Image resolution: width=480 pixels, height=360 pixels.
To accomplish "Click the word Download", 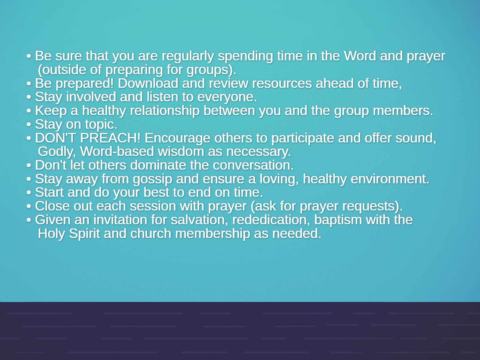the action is (x=148, y=83).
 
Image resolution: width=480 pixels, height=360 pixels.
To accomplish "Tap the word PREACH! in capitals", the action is (x=110, y=138).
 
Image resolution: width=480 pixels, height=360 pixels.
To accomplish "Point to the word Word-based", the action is (x=117, y=151).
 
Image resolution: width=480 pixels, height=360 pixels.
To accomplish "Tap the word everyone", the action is (x=227, y=97).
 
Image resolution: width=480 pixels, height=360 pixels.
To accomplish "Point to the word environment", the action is (x=390, y=179).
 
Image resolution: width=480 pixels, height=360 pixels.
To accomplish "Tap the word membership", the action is (x=213, y=234).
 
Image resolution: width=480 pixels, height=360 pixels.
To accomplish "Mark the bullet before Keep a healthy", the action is (x=29, y=111).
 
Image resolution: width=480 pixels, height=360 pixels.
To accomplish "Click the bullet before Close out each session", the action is (x=29, y=206).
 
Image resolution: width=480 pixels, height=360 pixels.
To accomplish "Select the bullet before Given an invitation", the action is (x=29, y=220).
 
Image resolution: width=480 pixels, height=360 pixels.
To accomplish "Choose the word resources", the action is (x=282, y=84).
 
